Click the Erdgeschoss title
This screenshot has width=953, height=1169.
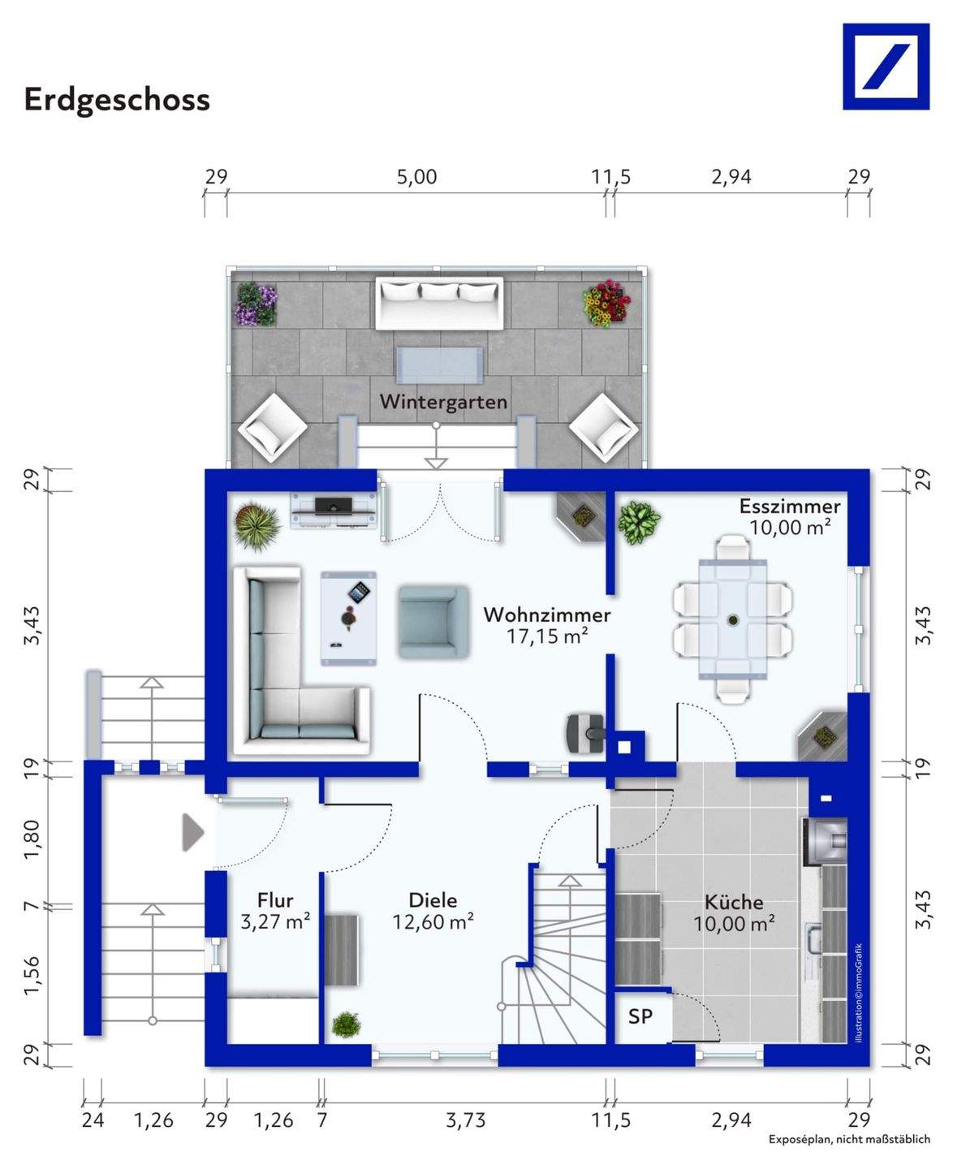[x=117, y=101]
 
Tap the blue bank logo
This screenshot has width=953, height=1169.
[x=886, y=67]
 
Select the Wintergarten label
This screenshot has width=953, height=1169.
[x=443, y=401]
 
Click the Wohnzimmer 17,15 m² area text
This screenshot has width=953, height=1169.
[x=546, y=636]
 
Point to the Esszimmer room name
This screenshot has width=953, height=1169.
[x=790, y=506]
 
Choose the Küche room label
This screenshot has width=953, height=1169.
[x=734, y=902]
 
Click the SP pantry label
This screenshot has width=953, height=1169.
[x=640, y=1016]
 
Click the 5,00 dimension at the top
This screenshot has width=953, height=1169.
[x=416, y=177]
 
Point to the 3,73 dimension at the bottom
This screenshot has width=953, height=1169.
[x=465, y=1120]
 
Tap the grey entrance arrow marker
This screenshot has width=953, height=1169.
[x=193, y=832]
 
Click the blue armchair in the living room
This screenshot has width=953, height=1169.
[x=433, y=622]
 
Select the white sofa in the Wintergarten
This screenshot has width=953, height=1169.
[x=439, y=303]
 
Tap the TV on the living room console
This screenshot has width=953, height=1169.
[x=333, y=504]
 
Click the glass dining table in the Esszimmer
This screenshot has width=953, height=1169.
[x=732, y=619]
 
